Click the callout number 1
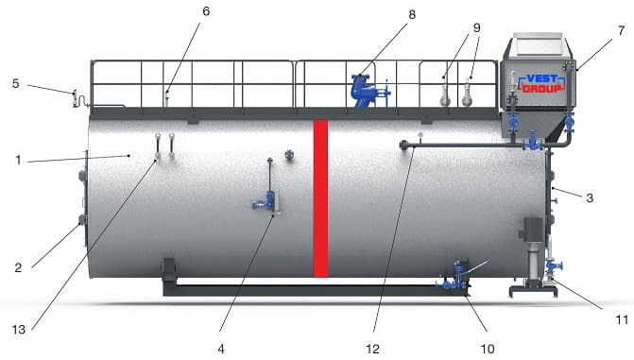tap(18, 160)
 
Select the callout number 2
tap(18, 267)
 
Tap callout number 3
tap(590, 197)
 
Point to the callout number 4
tap(221, 349)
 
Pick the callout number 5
tap(15, 83)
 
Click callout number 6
tap(206, 11)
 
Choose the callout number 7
tap(621, 31)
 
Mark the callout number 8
tap(412, 14)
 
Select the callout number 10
tap(488, 349)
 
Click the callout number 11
tap(622, 319)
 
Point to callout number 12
tap(373, 349)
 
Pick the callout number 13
tap(18, 330)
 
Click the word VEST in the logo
tap(541, 78)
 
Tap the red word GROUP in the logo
tap(541, 88)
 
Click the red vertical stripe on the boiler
tap(320, 198)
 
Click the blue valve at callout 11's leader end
tap(553, 267)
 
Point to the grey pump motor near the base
tap(534, 230)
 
